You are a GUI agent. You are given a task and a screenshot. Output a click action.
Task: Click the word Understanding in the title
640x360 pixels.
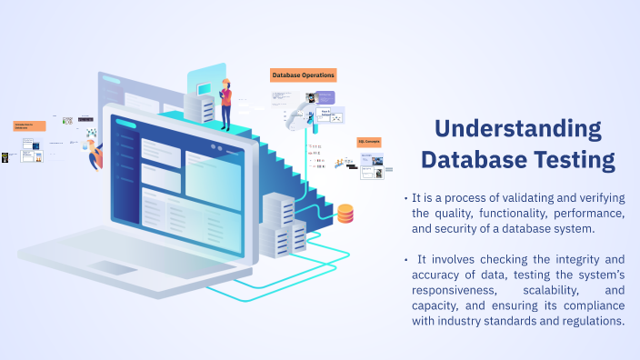point(518,127)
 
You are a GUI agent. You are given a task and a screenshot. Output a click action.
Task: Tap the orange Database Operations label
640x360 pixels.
point(304,75)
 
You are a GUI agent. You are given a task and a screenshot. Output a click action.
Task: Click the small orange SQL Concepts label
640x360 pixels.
point(369,143)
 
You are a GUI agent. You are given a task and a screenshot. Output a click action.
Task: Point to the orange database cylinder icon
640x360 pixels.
point(345,214)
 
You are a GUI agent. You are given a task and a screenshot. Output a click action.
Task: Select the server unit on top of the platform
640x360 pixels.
point(203,108)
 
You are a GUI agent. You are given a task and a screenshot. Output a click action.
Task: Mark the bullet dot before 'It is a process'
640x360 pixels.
point(405,198)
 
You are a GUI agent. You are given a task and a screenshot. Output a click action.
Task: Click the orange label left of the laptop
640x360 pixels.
point(29,126)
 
